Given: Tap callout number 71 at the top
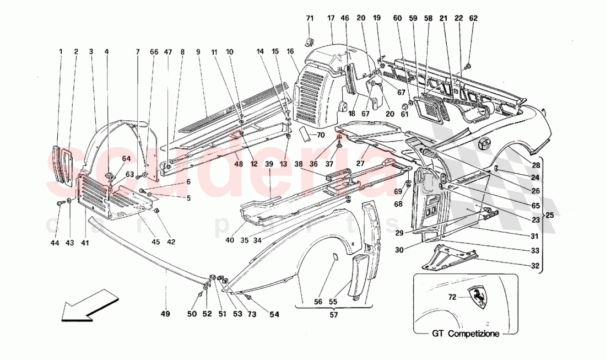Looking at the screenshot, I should point(309,18).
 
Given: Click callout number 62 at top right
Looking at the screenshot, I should point(473,18).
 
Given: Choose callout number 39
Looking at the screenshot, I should point(269,164).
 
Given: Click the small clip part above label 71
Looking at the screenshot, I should point(309,41).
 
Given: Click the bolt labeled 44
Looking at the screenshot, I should point(58,204).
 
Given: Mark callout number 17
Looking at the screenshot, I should point(331,18).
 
